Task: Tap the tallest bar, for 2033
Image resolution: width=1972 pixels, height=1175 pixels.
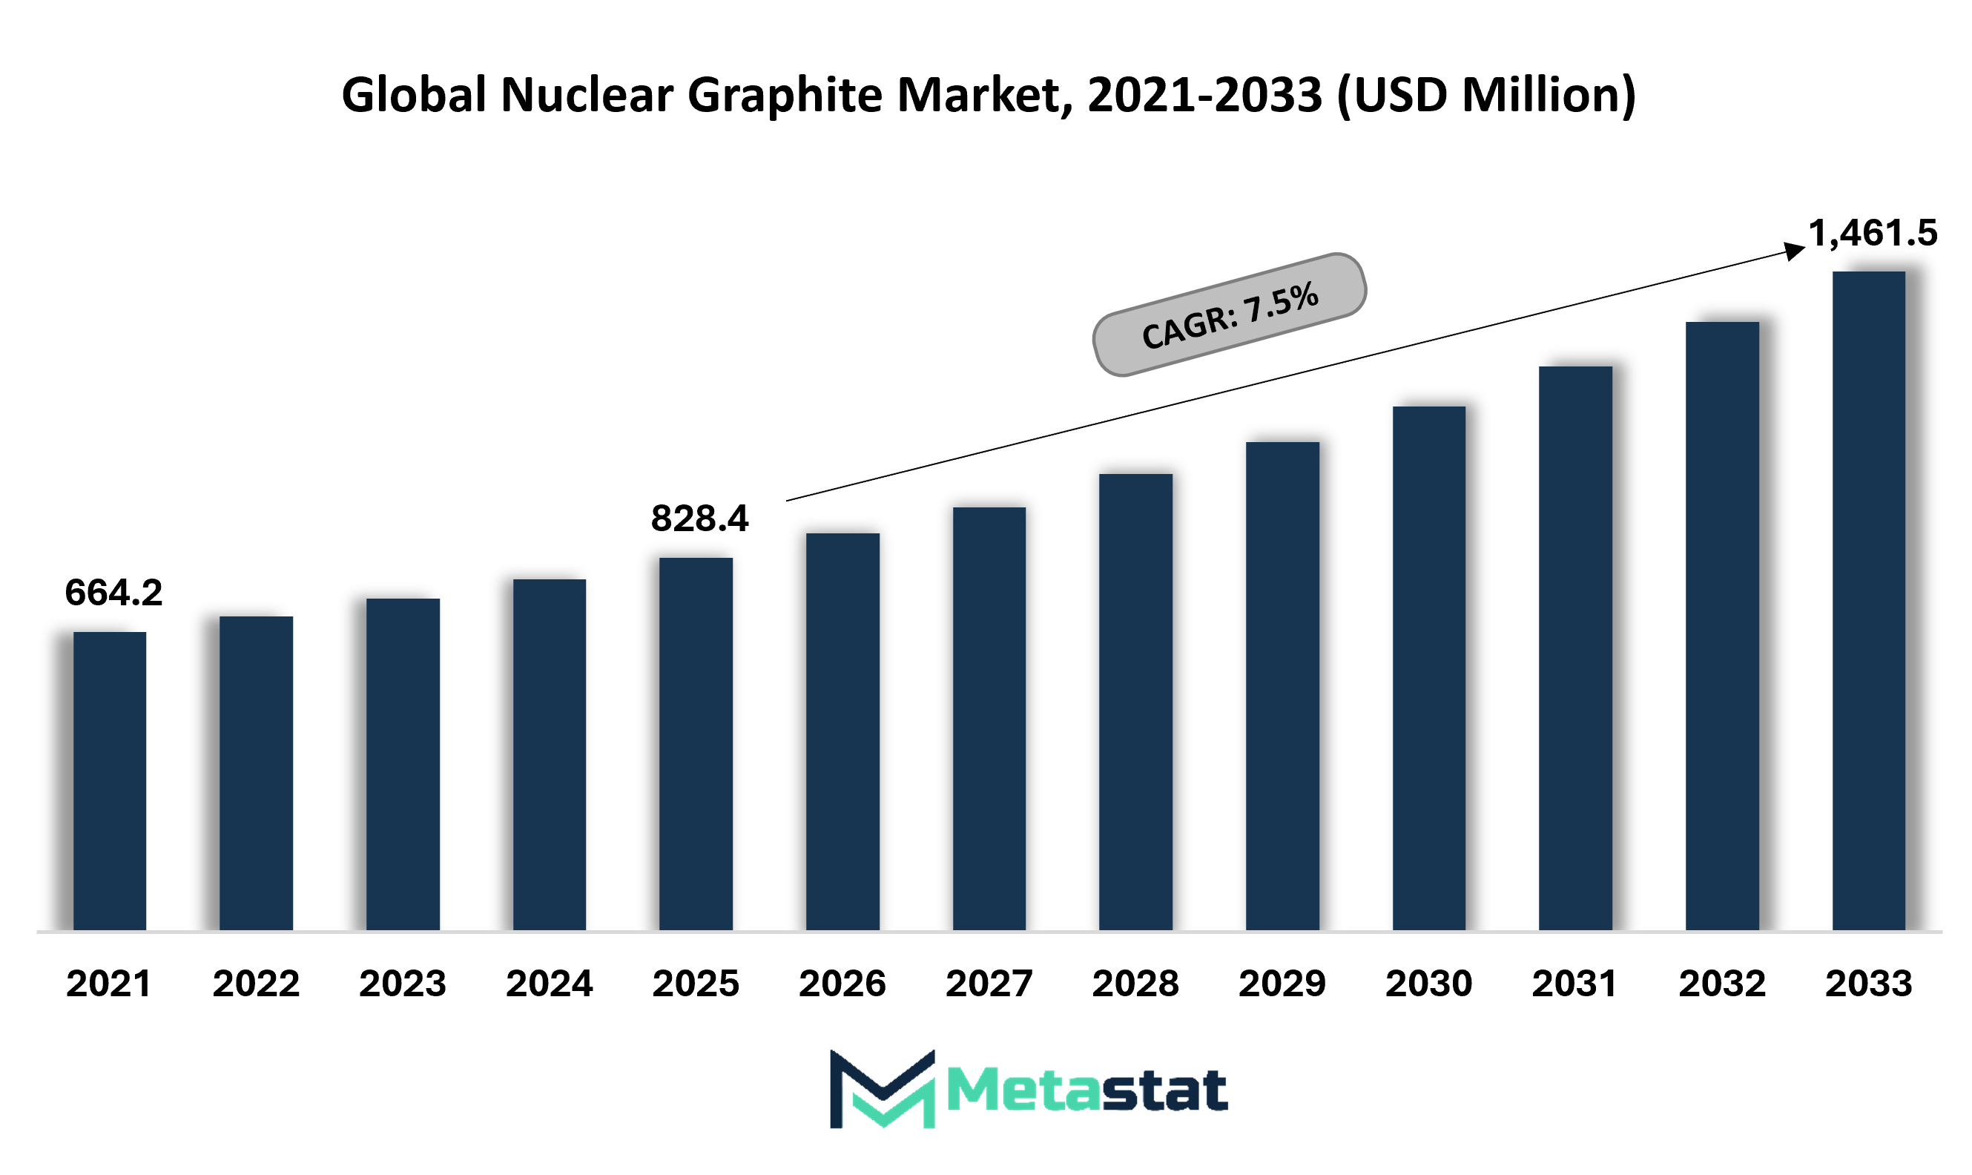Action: pos(1869,601)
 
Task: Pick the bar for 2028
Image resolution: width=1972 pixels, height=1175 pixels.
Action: pos(1136,702)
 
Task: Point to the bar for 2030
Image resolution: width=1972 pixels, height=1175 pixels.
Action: pos(1429,668)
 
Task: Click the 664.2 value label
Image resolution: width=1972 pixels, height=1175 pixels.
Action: pos(114,592)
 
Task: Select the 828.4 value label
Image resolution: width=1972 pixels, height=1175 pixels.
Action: pos(700,519)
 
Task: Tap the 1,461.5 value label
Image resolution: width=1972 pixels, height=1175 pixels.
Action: pos(1873,234)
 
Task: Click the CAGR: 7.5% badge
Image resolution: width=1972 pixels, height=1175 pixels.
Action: pos(1230,315)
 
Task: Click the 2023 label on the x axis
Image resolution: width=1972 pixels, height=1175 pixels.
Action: pos(403,984)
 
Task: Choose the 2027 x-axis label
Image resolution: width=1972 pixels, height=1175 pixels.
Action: pos(989,984)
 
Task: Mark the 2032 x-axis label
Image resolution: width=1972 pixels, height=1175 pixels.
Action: pos(1723,984)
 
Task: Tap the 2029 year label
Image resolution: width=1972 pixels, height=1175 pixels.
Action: pos(1282,984)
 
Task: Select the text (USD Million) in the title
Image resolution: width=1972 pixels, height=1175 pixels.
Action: pos(1487,96)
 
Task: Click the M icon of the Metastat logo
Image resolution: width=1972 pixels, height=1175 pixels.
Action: pos(883,1089)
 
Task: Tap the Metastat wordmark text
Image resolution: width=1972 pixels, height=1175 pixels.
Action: pos(1087,1091)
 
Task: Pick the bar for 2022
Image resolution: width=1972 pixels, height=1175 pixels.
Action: pos(257,773)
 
